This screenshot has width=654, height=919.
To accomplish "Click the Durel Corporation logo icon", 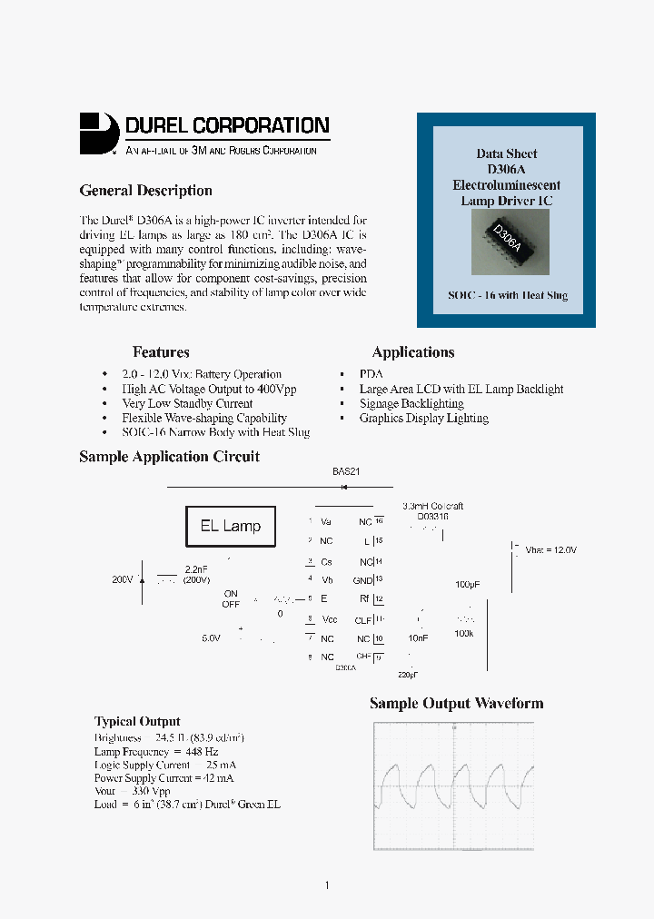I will click(x=99, y=133).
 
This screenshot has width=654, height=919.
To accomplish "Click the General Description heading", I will click(x=145, y=191).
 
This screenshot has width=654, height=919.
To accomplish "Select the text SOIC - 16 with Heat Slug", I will click(x=508, y=296).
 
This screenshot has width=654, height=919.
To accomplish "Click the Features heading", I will click(x=161, y=352).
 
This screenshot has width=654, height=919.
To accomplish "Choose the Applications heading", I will click(x=413, y=352).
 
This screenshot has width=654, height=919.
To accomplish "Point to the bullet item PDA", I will click(x=371, y=374).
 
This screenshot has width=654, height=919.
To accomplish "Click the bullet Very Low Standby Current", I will click(x=187, y=403).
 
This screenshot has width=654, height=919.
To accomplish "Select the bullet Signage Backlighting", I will click(x=411, y=403).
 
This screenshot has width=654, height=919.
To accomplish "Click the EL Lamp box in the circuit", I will click(x=231, y=527).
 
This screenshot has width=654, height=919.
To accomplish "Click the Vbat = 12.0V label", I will click(x=550, y=550).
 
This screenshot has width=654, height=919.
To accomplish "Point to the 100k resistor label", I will click(x=463, y=633).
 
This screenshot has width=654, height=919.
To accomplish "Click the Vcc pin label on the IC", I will click(x=329, y=619).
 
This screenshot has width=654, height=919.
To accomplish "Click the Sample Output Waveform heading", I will click(x=456, y=704).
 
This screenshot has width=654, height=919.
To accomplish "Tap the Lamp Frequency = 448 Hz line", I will click(x=155, y=752).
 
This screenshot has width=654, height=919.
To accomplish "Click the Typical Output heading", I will click(x=137, y=722).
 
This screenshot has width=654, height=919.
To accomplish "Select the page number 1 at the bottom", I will click(x=327, y=885).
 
